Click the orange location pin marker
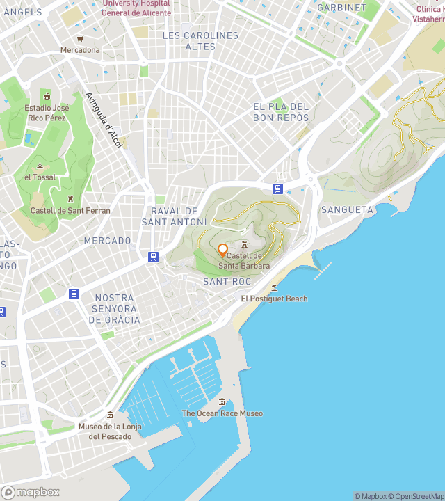click(222, 250)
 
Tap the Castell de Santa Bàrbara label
click(245, 261)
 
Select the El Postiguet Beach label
click(274, 299)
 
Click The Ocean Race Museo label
click(222, 413)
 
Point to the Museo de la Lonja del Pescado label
click(109, 431)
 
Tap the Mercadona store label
click(80, 50)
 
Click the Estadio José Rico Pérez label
click(47, 113)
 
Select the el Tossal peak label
click(40, 177)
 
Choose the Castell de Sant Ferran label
click(70, 210)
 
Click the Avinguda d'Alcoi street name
click(103, 120)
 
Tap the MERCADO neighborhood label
click(108, 241)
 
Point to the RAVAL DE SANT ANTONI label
click(175, 216)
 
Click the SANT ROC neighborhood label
click(227, 281)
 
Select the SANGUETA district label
click(347, 209)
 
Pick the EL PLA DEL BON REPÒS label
click(281, 112)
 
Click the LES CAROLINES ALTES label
click(200, 41)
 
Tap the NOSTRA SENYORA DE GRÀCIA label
click(115, 309)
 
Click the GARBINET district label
click(341, 8)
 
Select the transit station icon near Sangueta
click(278, 189)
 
